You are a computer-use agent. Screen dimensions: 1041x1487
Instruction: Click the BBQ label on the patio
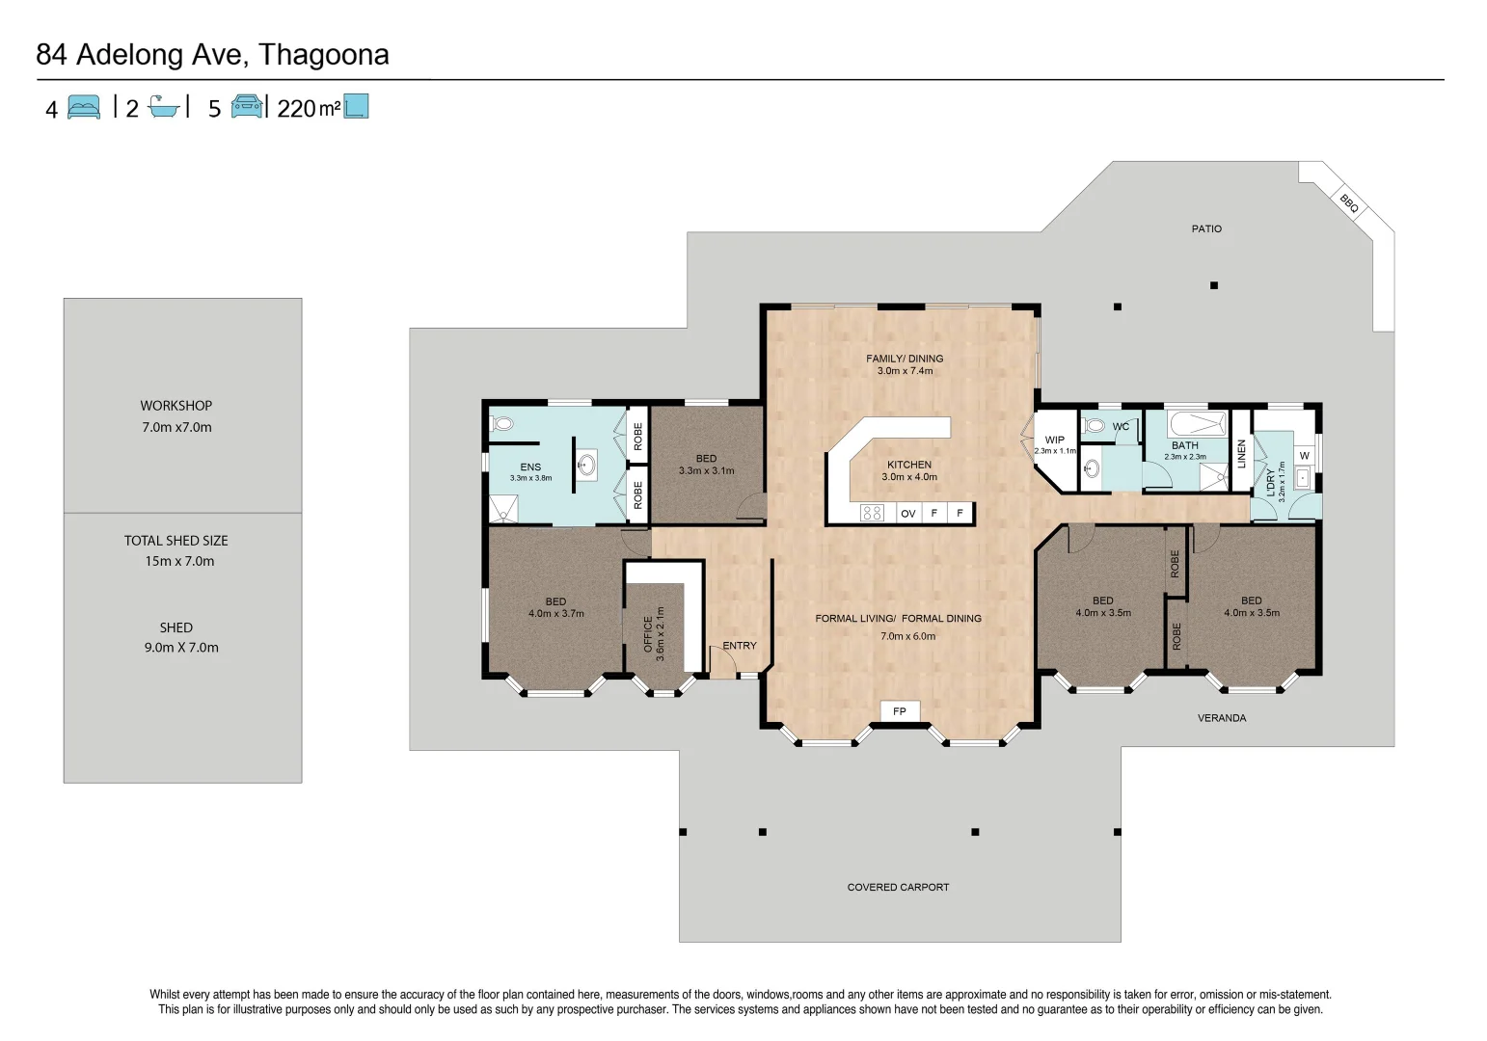(x=1348, y=202)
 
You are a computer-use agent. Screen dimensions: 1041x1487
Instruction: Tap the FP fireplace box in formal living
(x=900, y=711)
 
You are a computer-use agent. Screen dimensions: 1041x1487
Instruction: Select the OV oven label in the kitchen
(x=907, y=514)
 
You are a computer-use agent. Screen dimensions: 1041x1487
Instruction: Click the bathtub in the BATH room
(x=1196, y=423)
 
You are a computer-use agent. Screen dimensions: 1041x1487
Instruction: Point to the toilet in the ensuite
(x=502, y=423)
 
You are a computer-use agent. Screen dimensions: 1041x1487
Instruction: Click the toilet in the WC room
(x=1095, y=425)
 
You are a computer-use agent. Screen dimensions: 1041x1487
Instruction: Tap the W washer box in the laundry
(x=1304, y=455)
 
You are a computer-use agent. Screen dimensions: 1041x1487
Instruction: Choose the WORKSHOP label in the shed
(x=176, y=406)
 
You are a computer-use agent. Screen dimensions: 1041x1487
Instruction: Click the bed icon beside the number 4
(x=84, y=107)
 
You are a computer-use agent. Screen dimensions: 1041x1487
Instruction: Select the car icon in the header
(x=247, y=106)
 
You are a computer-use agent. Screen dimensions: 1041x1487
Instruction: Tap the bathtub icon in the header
(x=165, y=106)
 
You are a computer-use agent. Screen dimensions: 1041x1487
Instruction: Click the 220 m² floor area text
(x=309, y=109)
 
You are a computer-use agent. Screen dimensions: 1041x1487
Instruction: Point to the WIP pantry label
(x=1055, y=440)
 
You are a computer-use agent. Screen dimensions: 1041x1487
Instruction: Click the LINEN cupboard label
(x=1242, y=453)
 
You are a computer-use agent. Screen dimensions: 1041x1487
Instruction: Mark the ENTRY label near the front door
(x=740, y=646)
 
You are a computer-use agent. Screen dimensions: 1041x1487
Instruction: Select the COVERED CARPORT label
(x=898, y=887)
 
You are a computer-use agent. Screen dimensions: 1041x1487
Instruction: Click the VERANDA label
(x=1222, y=718)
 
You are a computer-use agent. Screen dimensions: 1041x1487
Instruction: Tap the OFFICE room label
(x=648, y=634)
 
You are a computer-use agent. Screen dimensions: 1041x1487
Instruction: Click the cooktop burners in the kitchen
(x=872, y=513)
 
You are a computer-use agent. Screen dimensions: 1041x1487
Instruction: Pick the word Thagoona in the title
(x=324, y=55)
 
